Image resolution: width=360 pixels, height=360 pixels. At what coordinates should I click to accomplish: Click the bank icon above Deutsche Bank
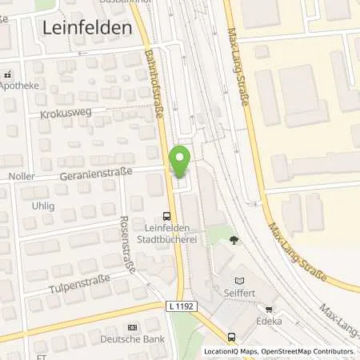click(132, 328)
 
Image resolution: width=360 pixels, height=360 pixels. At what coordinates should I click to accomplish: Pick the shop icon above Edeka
click(269, 309)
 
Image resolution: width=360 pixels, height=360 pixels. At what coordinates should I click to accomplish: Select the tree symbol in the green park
click(233, 239)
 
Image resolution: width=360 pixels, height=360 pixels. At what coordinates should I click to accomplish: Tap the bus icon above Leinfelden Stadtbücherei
click(166, 214)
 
